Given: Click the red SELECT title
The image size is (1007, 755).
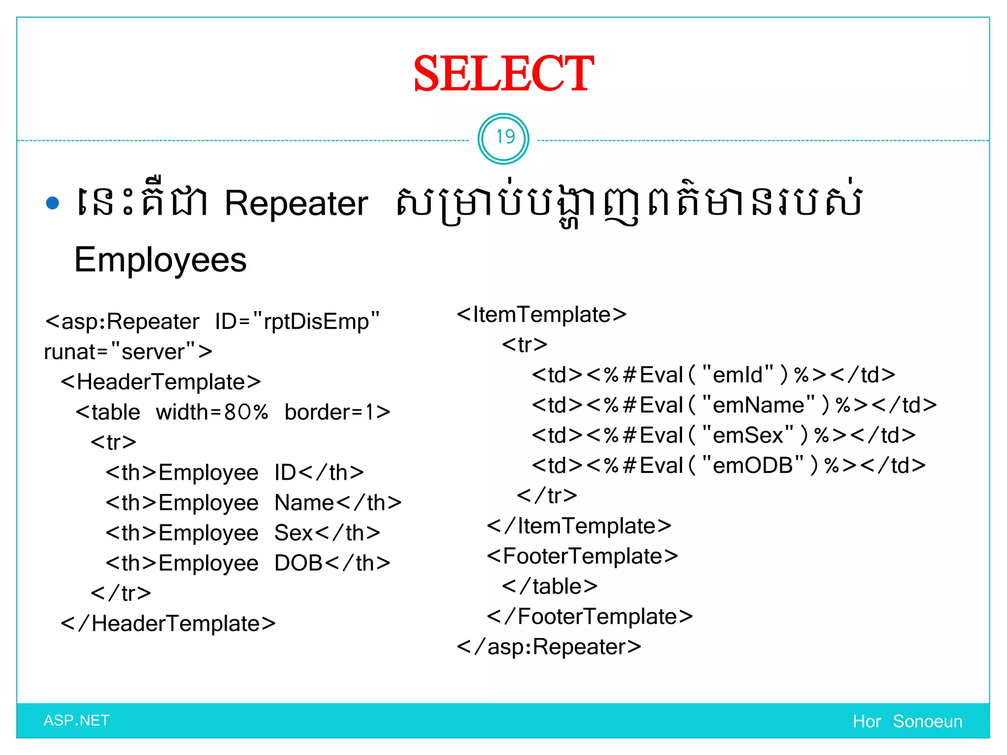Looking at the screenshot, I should coord(503,74).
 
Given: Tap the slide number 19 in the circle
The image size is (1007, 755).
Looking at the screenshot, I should coord(504,138).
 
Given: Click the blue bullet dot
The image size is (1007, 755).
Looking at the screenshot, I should coord(52,203).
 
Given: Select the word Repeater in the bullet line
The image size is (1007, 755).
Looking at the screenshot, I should coord(296,203).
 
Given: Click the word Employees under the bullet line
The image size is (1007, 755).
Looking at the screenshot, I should coord(160,260).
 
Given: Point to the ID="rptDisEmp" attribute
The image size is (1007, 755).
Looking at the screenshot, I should coord(297,322).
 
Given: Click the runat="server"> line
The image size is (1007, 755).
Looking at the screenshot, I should coord(128,352).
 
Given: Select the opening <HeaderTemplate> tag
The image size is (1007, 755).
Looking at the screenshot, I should coord(160,382).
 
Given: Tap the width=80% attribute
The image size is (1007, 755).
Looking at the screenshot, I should coord(212,412).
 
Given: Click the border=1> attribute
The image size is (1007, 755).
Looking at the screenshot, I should coord(337,412).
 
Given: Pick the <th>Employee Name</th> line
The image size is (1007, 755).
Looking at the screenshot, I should coord(253,503).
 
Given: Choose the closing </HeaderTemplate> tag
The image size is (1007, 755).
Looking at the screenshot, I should coord(168,624).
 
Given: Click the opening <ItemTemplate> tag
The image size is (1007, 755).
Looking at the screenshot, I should coord(541,315).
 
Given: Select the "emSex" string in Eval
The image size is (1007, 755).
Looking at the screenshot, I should coord(748,436).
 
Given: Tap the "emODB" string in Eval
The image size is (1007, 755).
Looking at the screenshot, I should coord(753,465).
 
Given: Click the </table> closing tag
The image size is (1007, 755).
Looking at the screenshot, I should coord(549,586).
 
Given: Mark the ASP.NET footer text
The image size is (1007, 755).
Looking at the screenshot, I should coord(76,721).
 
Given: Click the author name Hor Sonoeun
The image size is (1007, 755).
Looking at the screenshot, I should coord(907,722).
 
